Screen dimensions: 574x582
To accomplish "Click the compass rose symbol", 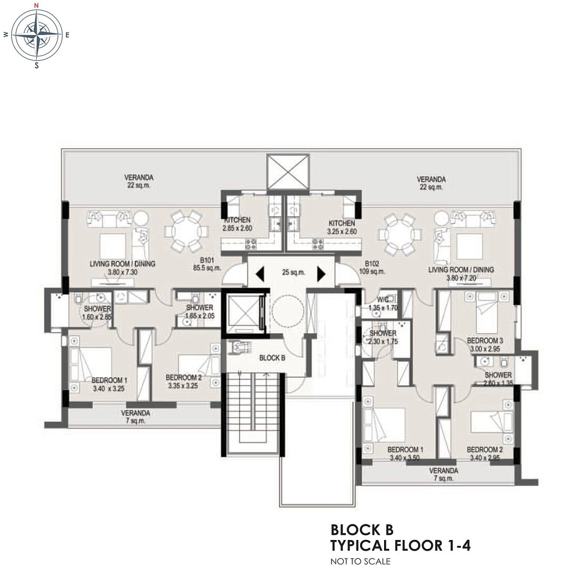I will (x=37, y=35).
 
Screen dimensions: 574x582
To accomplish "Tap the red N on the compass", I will (x=37, y=5).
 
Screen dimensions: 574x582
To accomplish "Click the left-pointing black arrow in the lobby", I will (x=260, y=274).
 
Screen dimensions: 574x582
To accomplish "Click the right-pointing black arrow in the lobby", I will (x=321, y=274).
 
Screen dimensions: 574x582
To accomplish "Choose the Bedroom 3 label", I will (x=485, y=341).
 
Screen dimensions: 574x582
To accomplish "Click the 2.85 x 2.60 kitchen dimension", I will (x=237, y=229).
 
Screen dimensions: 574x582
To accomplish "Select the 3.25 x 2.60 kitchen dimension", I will (x=342, y=231).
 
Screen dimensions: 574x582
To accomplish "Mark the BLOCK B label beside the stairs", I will (x=272, y=358).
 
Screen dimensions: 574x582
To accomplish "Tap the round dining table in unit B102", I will (x=400, y=234).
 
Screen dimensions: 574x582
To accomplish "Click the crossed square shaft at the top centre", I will (x=288, y=172).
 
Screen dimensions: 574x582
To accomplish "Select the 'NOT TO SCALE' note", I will (x=361, y=561).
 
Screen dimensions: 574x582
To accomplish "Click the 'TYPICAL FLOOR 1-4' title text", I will (x=400, y=546).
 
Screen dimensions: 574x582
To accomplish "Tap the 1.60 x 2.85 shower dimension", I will (x=96, y=317).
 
